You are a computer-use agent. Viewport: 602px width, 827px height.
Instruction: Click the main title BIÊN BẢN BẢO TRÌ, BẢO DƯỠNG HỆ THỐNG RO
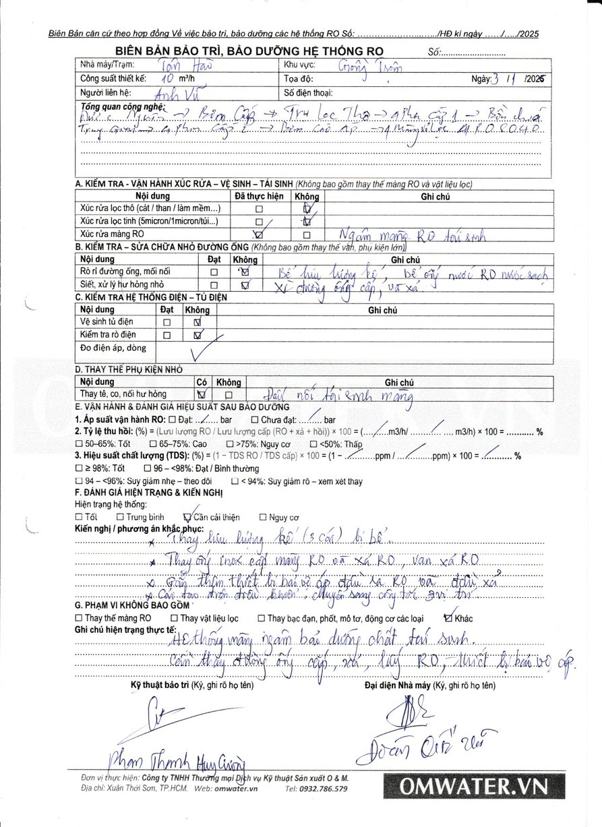click(x=249, y=51)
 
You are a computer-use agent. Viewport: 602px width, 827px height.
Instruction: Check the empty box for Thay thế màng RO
click(x=79, y=618)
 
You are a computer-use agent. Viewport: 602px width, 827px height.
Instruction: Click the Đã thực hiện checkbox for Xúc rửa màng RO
click(x=258, y=235)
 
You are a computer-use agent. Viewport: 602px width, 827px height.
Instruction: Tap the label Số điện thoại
click(x=309, y=93)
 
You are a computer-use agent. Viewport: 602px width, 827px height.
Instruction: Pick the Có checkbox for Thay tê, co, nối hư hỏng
click(x=201, y=394)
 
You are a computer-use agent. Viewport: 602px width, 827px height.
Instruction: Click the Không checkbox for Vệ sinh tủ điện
click(x=198, y=322)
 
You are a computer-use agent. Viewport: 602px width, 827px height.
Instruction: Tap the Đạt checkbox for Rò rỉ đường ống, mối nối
click(x=214, y=272)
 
